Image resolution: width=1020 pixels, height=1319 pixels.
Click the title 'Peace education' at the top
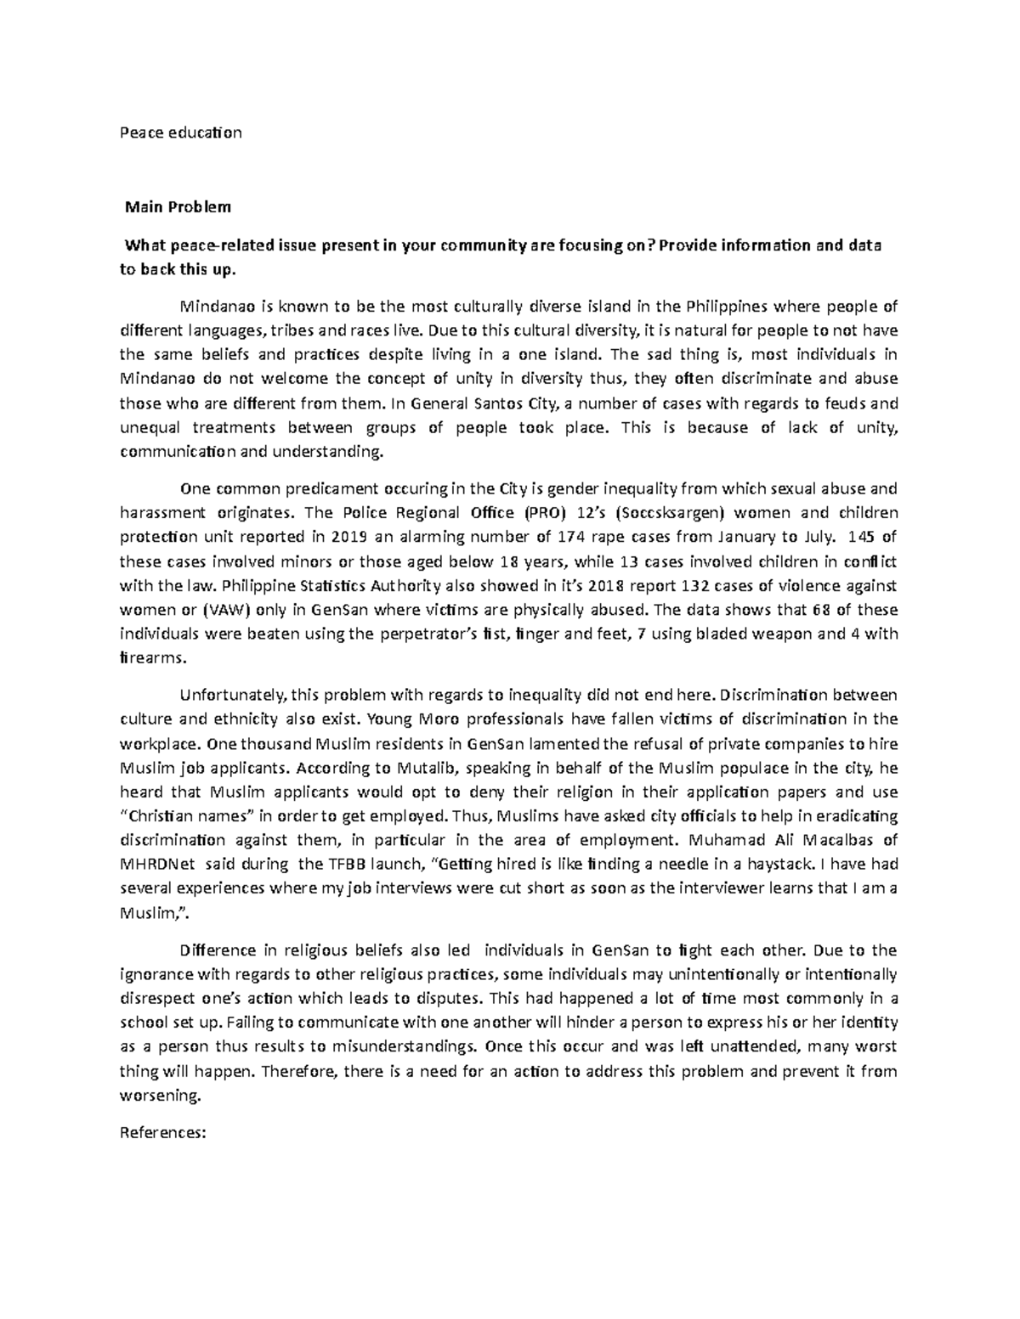coord(180,132)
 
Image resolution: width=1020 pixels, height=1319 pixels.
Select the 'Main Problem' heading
coord(178,206)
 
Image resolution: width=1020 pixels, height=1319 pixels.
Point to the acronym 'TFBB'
coord(342,865)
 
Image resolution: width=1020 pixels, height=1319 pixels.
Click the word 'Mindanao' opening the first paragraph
coord(213,306)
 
